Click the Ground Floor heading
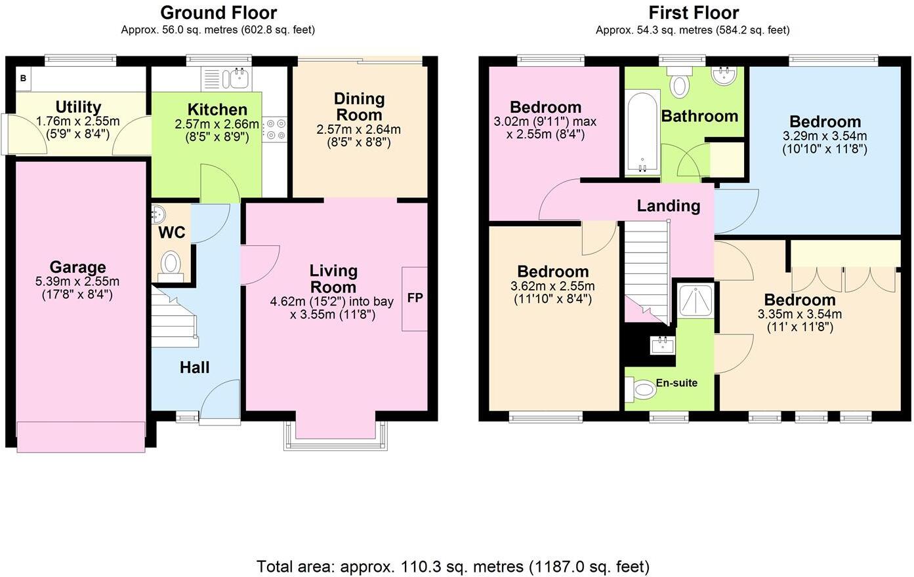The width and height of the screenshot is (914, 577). pyautogui.click(x=218, y=12)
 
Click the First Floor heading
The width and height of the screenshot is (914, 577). pyautogui.click(x=693, y=12)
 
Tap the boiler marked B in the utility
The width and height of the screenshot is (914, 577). pyautogui.click(x=24, y=79)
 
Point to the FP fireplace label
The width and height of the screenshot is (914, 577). pyautogui.click(x=415, y=298)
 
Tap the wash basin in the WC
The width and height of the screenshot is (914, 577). pyautogui.click(x=159, y=212)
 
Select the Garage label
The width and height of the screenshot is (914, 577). pyautogui.click(x=77, y=267)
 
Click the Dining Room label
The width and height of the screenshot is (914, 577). pyautogui.click(x=359, y=106)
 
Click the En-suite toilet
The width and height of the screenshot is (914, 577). pyautogui.click(x=641, y=391)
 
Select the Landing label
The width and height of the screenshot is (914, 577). pyautogui.click(x=668, y=206)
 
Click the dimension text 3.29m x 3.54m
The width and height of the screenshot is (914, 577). pyautogui.click(x=824, y=136)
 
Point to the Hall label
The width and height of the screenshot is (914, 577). pyautogui.click(x=195, y=367)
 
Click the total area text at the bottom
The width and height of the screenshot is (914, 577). pyautogui.click(x=453, y=566)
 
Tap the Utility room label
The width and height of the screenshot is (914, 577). pyautogui.click(x=78, y=107)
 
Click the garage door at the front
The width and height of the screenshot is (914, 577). pyautogui.click(x=81, y=437)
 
